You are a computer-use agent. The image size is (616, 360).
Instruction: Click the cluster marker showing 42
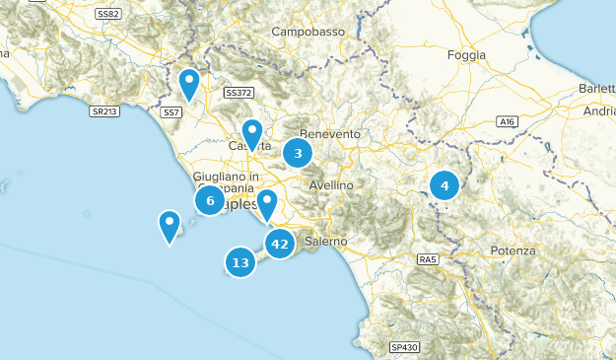[x=280, y=244]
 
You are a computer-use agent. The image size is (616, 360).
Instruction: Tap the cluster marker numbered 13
[x=240, y=262]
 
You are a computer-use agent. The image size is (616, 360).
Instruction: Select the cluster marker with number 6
[x=209, y=200]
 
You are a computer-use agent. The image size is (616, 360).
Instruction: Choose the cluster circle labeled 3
[x=298, y=153]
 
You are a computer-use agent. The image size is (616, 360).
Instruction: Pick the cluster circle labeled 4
[x=445, y=184]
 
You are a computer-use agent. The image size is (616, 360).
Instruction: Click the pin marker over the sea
[x=170, y=226]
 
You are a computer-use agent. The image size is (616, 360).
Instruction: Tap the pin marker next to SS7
[x=189, y=83]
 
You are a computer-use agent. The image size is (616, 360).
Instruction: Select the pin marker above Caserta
[x=252, y=132]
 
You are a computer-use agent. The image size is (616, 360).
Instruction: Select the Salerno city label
[x=325, y=241]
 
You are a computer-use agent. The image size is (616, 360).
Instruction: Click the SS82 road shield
[x=108, y=14]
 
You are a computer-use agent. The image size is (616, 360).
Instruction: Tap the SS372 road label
[x=239, y=94]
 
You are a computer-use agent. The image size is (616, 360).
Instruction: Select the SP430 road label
[x=404, y=347]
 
